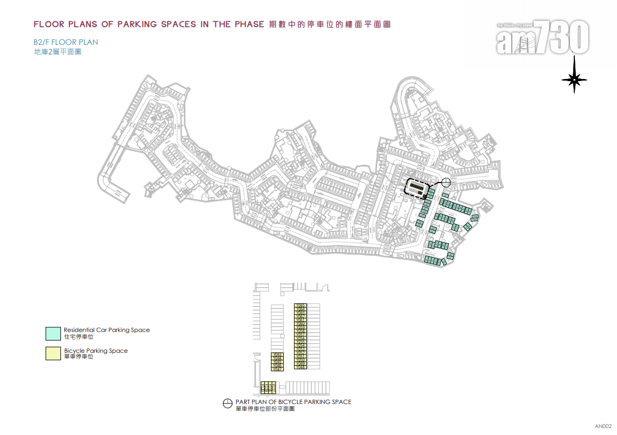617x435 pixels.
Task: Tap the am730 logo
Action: [542, 38]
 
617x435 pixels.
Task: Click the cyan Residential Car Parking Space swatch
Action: [53, 334]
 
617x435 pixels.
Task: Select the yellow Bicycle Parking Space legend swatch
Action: [53, 353]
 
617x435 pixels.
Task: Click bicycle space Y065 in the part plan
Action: [300, 305]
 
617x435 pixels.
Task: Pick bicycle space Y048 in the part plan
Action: [300, 367]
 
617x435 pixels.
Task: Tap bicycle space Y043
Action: [277, 354]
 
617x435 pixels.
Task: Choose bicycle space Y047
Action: [277, 369]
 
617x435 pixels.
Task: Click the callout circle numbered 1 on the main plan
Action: [447, 183]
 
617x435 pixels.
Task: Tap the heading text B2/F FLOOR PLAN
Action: [66, 42]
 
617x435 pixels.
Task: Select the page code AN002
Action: [603, 426]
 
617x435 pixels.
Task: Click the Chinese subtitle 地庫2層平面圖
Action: [57, 52]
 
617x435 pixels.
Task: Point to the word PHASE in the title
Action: [248, 25]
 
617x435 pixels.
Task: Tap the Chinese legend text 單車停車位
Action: [79, 357]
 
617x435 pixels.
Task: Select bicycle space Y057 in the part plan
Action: [300, 335]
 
